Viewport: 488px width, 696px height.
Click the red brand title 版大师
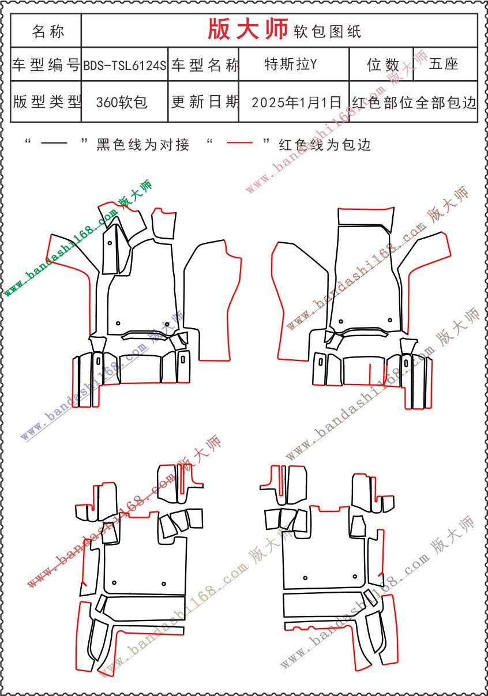click(x=247, y=29)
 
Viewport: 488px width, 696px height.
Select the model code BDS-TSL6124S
click(x=125, y=65)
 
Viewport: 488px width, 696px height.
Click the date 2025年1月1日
click(x=296, y=102)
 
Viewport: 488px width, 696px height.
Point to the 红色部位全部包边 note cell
click(x=414, y=101)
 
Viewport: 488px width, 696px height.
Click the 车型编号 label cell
click(x=46, y=65)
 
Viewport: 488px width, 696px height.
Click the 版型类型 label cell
click(x=46, y=101)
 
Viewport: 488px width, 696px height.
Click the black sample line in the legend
click(x=54, y=143)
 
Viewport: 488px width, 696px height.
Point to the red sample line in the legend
click(x=239, y=142)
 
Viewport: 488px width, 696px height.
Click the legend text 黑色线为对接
click(x=142, y=145)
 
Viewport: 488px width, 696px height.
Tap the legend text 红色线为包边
click(x=325, y=145)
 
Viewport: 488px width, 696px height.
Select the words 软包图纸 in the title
click(x=327, y=31)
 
